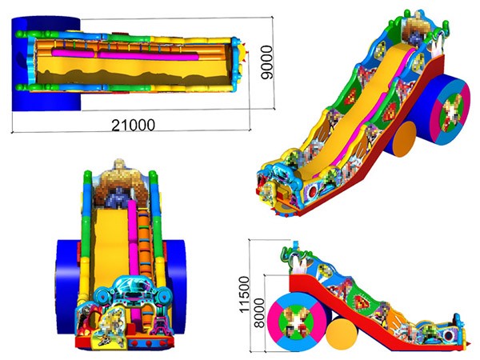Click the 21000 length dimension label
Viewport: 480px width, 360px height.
coord(133,125)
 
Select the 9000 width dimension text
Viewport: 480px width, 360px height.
coord(266,62)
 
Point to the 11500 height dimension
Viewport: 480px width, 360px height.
coord(244,294)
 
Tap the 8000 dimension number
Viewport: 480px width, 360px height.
coord(259,313)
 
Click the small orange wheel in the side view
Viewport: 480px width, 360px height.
coord(342,334)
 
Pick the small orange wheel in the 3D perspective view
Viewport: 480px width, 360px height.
coord(404,139)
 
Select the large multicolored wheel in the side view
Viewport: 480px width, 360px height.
coord(297,322)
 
